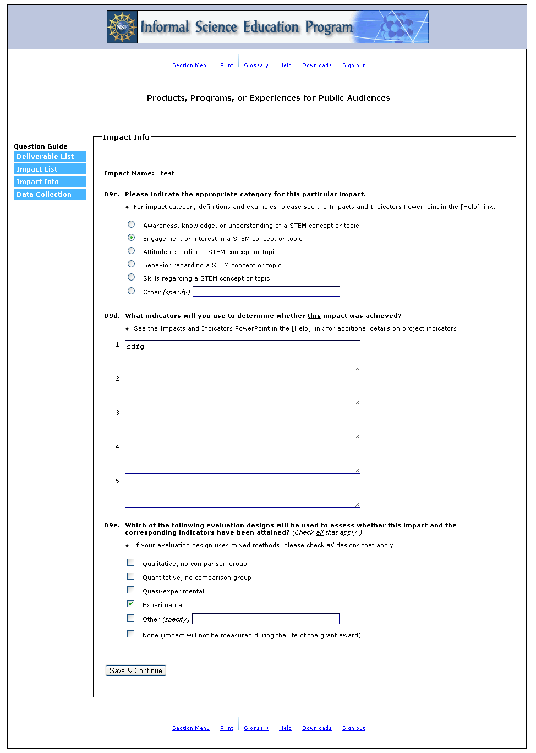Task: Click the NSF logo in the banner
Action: pos(122,27)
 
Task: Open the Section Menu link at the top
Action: pos(190,65)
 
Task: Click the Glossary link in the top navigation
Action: pos(256,65)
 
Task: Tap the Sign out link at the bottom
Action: pos(353,728)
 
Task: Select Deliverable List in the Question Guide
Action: pos(50,157)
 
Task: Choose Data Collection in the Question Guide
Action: pos(50,195)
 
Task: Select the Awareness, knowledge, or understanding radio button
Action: pos(131,224)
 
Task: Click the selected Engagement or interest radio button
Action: pos(131,238)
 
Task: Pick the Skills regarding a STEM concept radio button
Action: pos(131,277)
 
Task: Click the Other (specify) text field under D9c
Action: pos(266,292)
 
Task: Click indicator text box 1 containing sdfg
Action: pos(242,356)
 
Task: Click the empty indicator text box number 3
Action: pos(242,424)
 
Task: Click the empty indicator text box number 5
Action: pos(242,492)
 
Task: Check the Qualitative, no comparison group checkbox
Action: pos(130,563)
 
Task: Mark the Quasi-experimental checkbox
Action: pos(130,590)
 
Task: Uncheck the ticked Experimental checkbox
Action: pos(130,604)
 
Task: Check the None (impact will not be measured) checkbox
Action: pos(130,634)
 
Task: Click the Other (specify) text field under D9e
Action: pos(265,619)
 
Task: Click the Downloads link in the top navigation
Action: pos(316,65)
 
